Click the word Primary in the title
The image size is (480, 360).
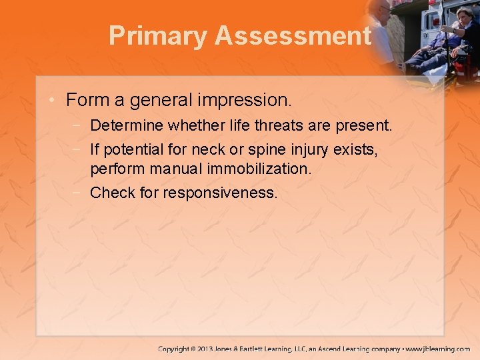[x=157, y=36]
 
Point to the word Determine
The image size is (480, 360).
[x=127, y=125]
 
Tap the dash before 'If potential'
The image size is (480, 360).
[x=79, y=149]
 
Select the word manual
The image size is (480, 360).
[x=164, y=169]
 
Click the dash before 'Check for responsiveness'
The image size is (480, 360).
[x=79, y=192]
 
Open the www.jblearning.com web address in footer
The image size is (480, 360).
[x=437, y=349]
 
